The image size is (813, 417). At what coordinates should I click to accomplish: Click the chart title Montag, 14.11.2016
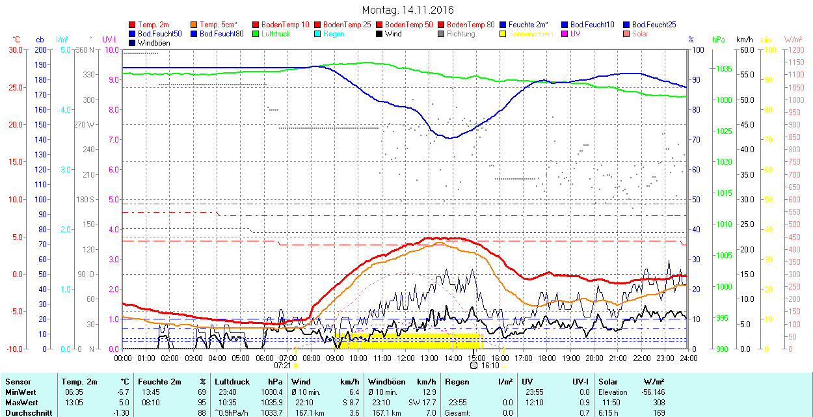(x=408, y=10)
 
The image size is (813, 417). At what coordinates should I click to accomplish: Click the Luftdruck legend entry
(x=276, y=34)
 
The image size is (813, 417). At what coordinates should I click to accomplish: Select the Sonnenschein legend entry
(x=531, y=34)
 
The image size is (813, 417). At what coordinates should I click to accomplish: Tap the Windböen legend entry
(x=153, y=42)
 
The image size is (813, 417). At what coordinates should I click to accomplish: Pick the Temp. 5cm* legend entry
(x=219, y=25)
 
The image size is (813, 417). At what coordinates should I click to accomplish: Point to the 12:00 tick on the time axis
(x=406, y=357)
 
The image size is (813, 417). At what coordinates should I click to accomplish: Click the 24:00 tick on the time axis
(x=688, y=357)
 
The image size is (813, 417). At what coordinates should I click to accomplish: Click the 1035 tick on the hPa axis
(x=724, y=69)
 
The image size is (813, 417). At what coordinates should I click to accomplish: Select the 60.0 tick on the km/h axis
(x=745, y=50)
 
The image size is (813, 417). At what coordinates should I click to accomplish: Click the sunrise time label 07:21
(x=284, y=365)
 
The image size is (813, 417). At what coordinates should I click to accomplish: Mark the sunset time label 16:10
(x=489, y=365)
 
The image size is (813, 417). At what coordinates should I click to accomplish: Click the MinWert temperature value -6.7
(x=122, y=392)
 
